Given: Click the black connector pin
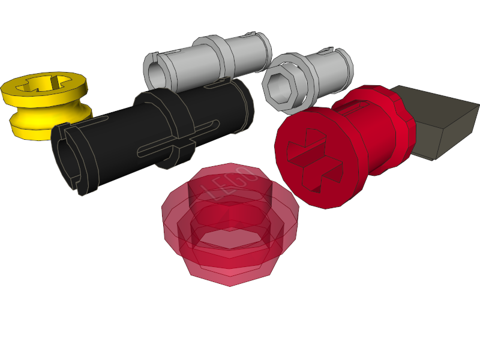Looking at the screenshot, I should click(x=156, y=135).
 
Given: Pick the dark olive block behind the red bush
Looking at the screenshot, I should click(x=441, y=120).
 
